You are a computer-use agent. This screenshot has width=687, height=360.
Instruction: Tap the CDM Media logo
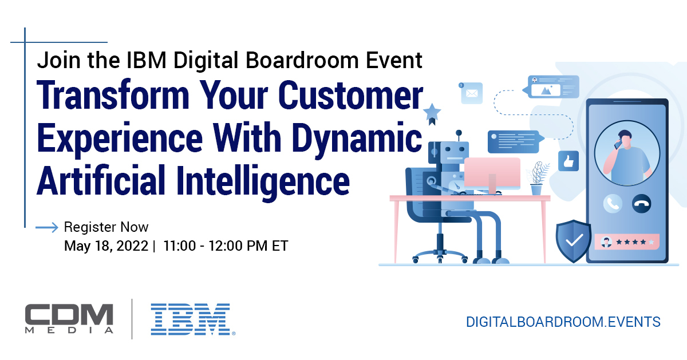point(69,319)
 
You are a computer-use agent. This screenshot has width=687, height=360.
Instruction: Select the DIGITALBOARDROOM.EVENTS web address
point(563,322)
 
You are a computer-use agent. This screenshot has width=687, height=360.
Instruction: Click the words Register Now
point(106,227)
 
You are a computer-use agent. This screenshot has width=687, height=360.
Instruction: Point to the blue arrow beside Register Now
point(47,228)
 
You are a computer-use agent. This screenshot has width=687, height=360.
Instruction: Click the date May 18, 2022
point(106,246)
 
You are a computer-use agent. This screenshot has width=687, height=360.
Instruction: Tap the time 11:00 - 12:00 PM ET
point(225,246)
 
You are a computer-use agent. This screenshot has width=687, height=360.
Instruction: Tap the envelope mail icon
point(471,93)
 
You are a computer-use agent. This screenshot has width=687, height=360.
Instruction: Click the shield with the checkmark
point(573,241)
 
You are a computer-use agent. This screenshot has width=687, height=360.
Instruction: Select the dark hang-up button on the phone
point(640,203)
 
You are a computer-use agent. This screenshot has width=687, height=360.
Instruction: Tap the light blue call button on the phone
point(613,203)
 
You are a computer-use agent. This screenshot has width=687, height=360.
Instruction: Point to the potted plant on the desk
point(537,178)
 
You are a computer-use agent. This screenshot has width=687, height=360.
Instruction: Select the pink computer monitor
point(492,173)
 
